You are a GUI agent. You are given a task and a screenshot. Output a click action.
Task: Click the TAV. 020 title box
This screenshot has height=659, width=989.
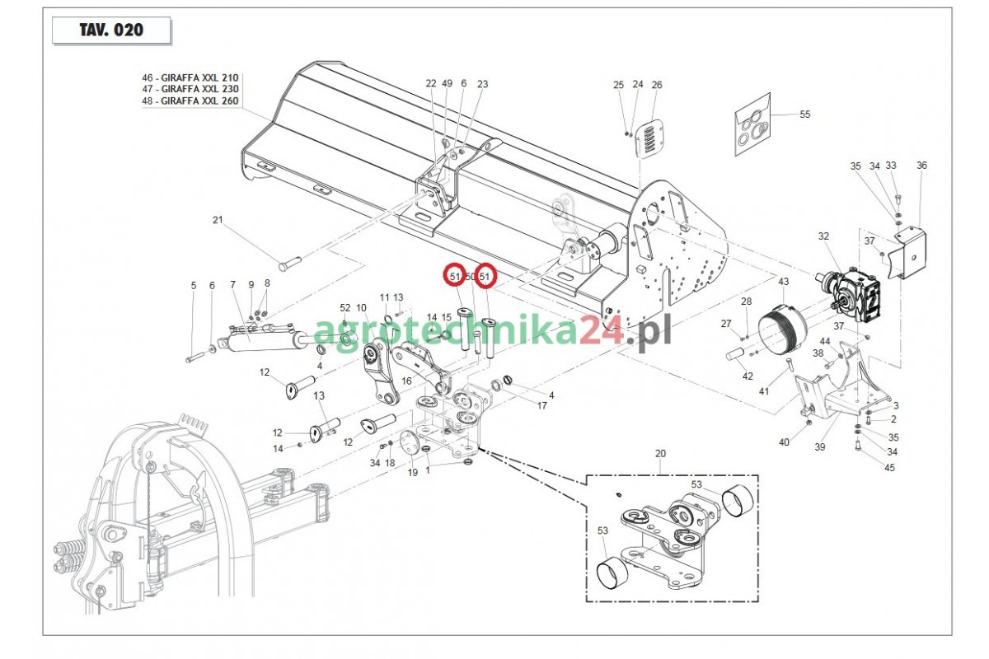(x=111, y=30)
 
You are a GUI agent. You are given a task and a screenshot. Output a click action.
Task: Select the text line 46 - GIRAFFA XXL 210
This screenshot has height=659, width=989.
(x=190, y=77)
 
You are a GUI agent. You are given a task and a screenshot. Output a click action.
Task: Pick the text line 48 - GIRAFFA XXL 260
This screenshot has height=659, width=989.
(x=190, y=100)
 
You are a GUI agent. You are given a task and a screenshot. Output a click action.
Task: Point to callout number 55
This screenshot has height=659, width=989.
(x=804, y=115)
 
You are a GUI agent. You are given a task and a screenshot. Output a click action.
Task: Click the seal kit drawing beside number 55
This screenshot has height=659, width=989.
(x=753, y=126)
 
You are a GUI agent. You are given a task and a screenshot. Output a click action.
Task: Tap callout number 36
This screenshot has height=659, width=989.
(x=921, y=166)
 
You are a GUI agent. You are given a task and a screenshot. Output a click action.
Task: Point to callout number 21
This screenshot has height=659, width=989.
(x=218, y=220)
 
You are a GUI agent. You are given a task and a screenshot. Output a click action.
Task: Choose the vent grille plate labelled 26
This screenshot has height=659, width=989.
(x=651, y=137)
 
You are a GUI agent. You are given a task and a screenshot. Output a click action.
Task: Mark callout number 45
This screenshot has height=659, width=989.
(x=889, y=468)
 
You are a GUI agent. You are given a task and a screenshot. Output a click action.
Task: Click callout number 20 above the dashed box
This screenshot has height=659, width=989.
(x=659, y=454)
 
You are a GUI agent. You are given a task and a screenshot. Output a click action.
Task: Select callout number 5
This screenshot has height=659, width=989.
(x=194, y=286)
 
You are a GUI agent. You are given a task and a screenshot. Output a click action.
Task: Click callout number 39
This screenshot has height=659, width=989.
(x=819, y=446)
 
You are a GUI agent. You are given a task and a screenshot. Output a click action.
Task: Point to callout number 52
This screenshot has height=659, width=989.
(x=345, y=307)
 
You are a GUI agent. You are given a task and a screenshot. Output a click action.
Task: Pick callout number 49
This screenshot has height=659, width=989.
(x=448, y=83)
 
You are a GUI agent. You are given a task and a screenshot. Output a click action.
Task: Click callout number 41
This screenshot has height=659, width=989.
(x=764, y=391)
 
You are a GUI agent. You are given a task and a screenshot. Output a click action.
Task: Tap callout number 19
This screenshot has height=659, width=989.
(x=413, y=472)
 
